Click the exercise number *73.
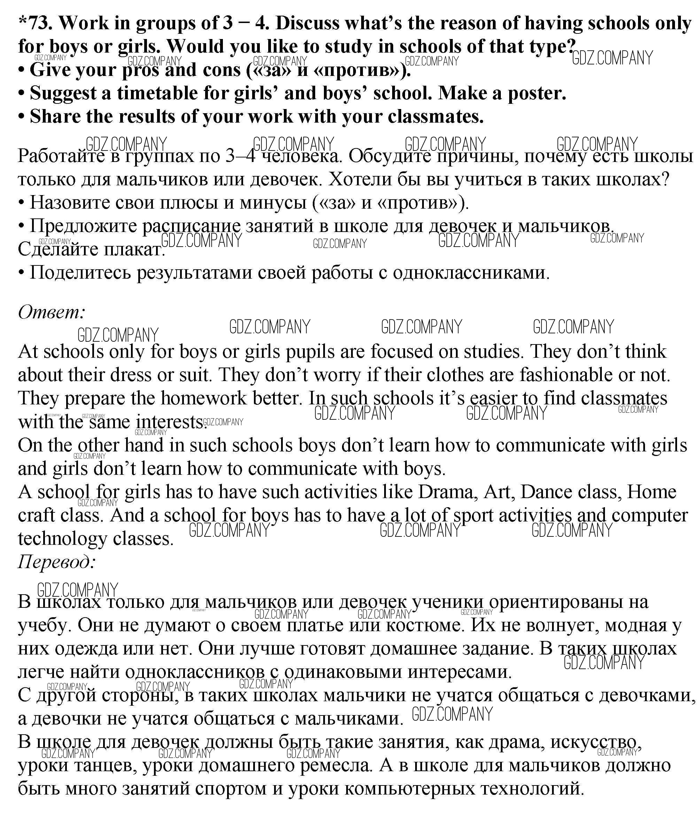tap(34, 24)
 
